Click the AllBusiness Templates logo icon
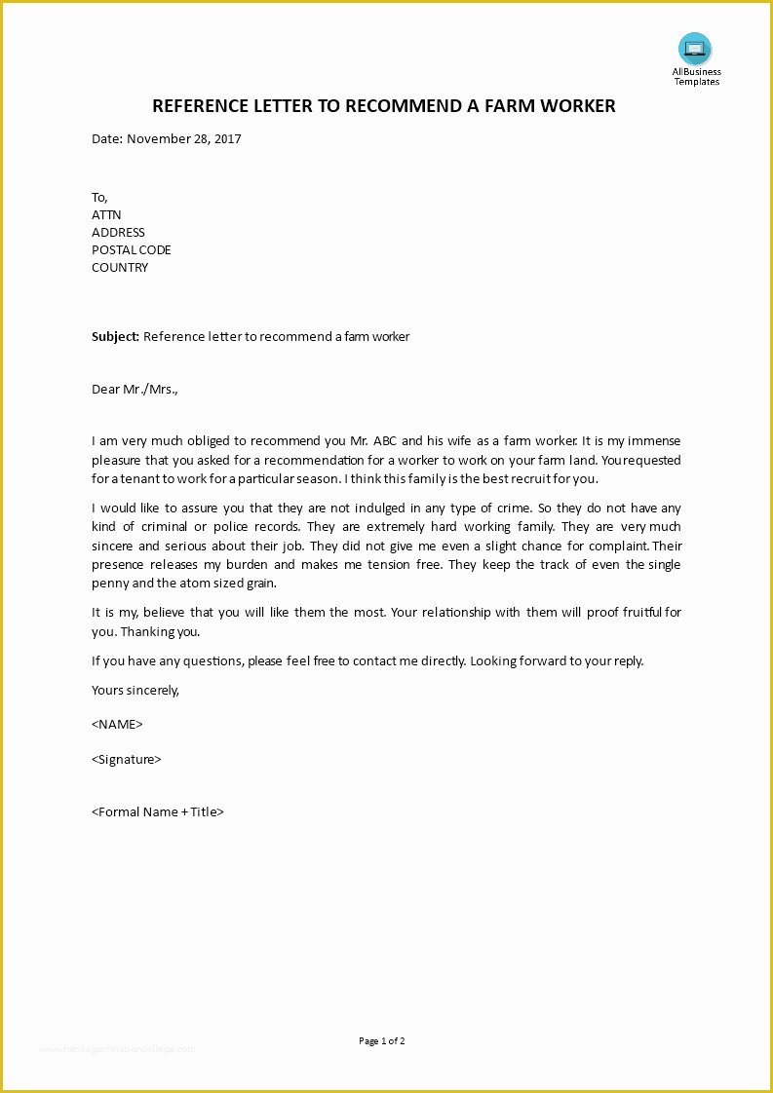(695, 49)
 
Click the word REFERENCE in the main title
(201, 106)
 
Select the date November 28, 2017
(183, 138)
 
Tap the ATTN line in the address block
(106, 215)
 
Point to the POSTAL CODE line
(132, 250)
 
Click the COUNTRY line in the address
(120, 268)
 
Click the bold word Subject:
(116, 337)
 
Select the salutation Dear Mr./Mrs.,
(135, 390)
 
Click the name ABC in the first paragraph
(383, 441)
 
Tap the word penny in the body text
(111, 584)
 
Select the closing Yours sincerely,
(135, 690)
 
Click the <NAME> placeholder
(117, 724)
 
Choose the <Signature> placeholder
(127, 759)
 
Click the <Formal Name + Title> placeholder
(158, 811)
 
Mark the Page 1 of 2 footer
(382, 1041)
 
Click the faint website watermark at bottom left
(117, 1049)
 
